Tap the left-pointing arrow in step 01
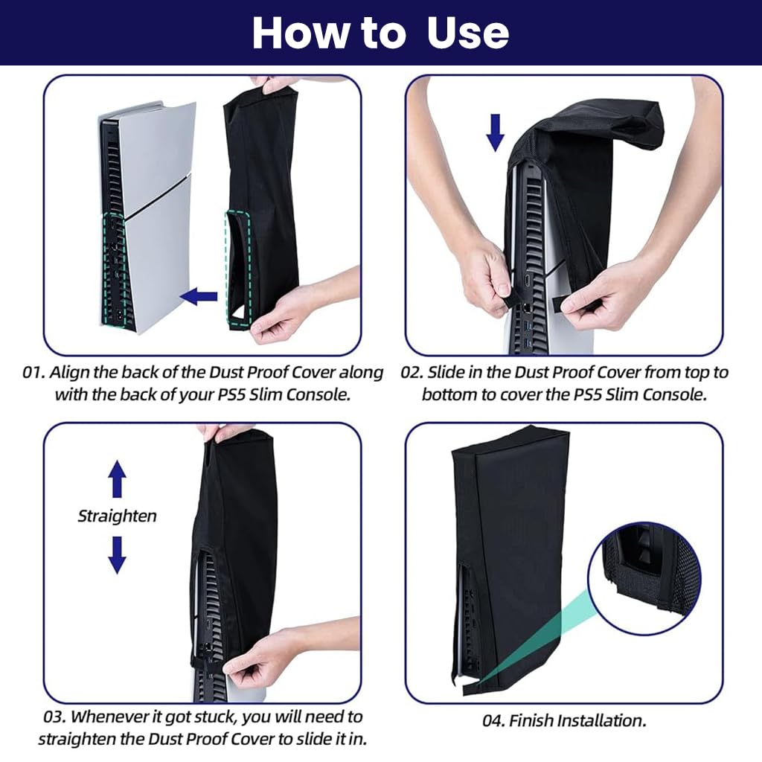coord(199,298)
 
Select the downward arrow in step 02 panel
coord(496,132)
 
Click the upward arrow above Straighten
coord(117,478)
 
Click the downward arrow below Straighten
coord(117,554)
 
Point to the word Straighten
coord(118,516)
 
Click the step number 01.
coord(34,372)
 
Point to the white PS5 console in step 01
coord(149,216)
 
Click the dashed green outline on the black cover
coord(238,268)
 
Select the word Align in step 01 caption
coord(79,372)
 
